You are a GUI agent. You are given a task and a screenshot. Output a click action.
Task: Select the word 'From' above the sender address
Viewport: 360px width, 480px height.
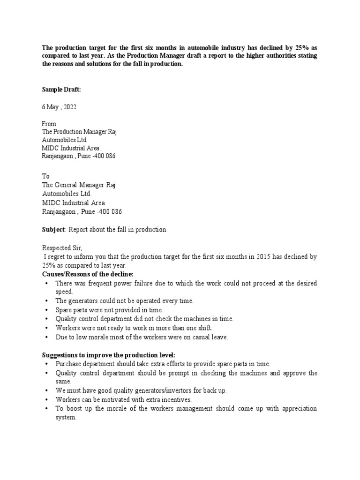(49, 124)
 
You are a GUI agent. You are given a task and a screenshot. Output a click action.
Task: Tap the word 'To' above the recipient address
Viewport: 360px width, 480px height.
(46, 176)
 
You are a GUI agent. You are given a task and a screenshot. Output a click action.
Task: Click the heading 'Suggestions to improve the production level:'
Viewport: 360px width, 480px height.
(108, 354)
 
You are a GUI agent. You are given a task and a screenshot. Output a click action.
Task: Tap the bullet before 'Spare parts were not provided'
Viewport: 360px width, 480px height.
(46, 310)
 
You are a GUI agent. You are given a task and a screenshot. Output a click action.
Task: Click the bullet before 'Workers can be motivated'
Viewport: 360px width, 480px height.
(46, 399)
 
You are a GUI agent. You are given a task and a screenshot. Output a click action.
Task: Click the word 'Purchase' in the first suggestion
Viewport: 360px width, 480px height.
(68, 364)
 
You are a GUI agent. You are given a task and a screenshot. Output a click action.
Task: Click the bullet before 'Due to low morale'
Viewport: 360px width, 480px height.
(46, 337)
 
